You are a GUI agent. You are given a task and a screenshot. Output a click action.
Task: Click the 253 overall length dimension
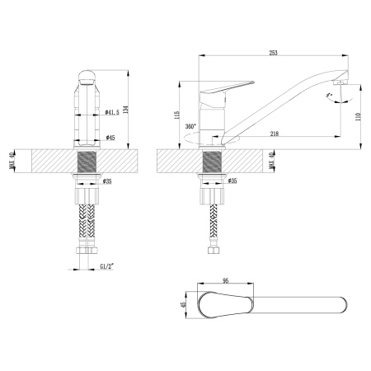[x=273, y=53]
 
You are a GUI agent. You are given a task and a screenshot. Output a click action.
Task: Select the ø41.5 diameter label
[x=113, y=110]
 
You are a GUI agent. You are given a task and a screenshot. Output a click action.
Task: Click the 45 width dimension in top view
[x=185, y=304]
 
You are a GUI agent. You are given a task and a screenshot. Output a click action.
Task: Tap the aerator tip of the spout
[x=337, y=84]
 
